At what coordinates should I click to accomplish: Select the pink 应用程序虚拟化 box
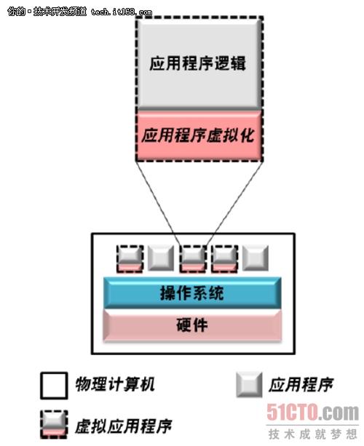click(x=199, y=135)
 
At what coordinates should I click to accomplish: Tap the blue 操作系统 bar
click(x=192, y=292)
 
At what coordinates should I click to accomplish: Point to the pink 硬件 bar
click(x=192, y=325)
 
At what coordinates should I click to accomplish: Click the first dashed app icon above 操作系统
click(x=130, y=258)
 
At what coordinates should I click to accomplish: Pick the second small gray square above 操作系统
click(x=161, y=258)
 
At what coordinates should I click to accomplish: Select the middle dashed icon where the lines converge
click(x=193, y=258)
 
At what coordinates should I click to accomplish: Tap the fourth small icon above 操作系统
click(x=224, y=258)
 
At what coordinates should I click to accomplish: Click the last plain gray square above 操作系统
click(x=256, y=258)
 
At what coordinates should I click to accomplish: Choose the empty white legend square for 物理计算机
click(x=54, y=386)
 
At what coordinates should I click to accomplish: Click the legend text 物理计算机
click(x=115, y=385)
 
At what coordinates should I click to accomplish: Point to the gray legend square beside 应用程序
click(x=249, y=385)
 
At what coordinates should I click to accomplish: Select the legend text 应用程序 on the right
click(x=301, y=385)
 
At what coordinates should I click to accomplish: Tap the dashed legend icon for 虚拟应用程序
click(x=54, y=424)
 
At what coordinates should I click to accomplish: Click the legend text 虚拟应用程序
click(x=124, y=426)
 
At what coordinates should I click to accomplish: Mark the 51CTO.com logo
click(x=312, y=413)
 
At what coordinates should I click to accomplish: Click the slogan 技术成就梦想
click(x=312, y=434)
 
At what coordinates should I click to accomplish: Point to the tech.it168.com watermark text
click(x=122, y=12)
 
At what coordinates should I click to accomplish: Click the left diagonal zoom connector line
click(x=158, y=204)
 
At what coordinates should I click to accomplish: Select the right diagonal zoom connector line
click(x=234, y=204)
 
